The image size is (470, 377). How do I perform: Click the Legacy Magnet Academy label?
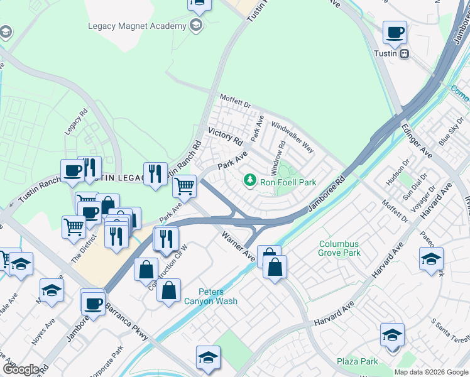137,26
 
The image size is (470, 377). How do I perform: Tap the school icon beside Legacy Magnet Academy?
196,26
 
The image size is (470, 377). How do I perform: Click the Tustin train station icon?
405,53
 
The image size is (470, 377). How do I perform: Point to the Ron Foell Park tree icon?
250,181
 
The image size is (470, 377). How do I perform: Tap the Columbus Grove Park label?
339,248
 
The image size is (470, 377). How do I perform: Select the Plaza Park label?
357,361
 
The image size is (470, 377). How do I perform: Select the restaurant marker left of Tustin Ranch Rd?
155,174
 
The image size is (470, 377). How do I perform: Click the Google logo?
21,369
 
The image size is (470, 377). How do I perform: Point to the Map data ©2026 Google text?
430,372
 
